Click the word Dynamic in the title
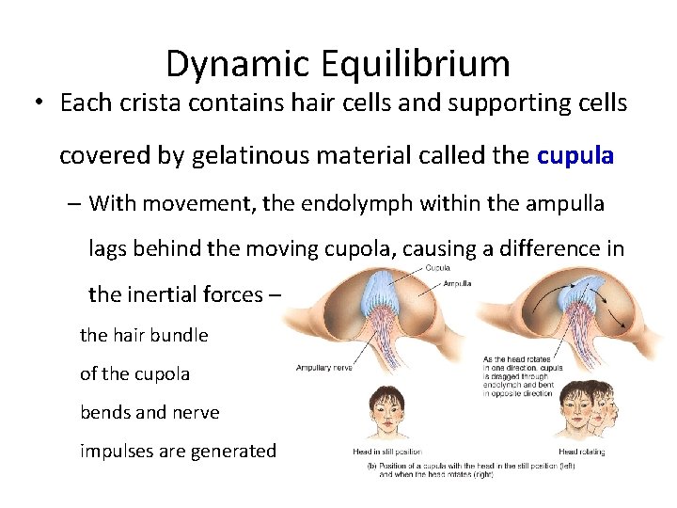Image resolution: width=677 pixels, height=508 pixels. coord(240,63)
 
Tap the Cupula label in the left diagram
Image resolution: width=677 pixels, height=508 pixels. coord(437,268)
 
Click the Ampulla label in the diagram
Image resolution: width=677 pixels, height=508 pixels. coord(457,282)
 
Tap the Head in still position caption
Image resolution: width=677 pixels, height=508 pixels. coord(386,452)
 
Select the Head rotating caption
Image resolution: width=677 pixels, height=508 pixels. coord(581,452)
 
